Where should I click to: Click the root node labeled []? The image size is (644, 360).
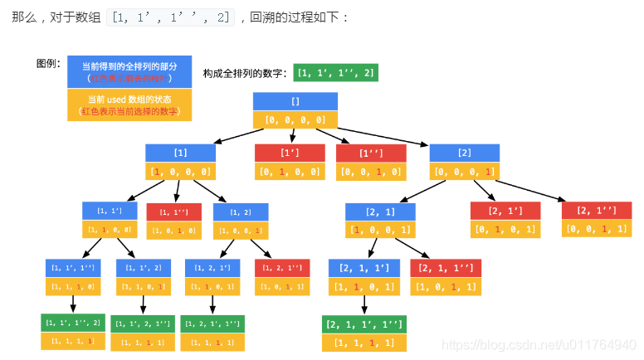coord(295,101)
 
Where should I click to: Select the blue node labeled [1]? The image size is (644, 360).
coord(180,153)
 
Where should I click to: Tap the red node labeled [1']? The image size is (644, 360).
coord(290,153)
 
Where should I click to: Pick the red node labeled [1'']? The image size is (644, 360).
coord(371,153)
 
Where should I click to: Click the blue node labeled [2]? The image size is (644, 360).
coord(465,153)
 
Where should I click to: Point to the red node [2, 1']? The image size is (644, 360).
coord(505,211)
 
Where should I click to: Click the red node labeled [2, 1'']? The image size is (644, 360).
coord(597,211)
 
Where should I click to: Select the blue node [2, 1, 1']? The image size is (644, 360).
coord(364,268)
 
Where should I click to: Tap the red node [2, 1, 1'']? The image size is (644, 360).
coord(446,268)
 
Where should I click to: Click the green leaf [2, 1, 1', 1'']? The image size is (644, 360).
coord(364,323)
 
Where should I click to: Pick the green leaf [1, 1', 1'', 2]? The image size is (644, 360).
coord(73,323)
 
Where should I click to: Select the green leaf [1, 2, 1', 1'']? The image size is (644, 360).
coord(213,323)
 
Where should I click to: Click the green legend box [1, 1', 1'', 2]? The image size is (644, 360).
coord(336,74)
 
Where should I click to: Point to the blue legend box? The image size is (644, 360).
coord(129,71)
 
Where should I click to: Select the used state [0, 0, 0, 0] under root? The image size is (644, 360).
coord(295,120)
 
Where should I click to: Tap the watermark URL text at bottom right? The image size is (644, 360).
coord(539,343)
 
